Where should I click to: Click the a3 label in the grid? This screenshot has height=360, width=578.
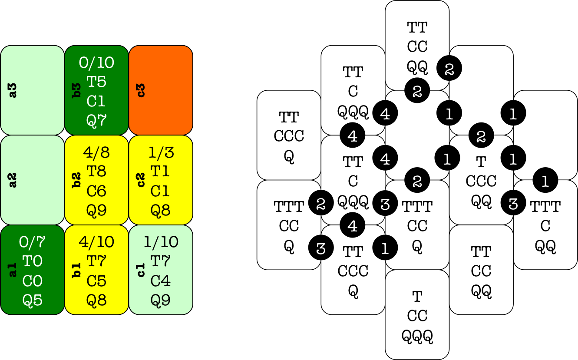pos(13,90)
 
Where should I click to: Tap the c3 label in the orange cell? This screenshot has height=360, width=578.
pos(141,90)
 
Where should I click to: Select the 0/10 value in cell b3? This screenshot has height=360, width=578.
pos(96,63)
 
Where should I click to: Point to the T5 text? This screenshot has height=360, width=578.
pos(96,82)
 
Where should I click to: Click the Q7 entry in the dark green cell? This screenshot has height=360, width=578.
pos(96,120)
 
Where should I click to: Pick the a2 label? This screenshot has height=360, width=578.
pos(13,180)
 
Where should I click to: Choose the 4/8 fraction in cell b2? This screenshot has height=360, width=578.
pos(96,152)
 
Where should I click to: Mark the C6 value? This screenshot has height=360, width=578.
pos(96,191)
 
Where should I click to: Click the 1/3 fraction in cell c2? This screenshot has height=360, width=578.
pos(160,152)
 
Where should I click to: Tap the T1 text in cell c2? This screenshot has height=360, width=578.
pos(160,172)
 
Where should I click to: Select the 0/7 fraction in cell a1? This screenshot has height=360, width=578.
pos(33,242)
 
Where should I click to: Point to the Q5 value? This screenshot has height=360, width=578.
pos(33,300)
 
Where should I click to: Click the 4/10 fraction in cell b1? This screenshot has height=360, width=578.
pos(96,242)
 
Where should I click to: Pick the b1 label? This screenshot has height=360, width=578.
pos(77,270)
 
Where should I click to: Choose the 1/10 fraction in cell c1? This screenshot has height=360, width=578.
pos(160,242)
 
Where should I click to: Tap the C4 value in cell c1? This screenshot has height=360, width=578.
pos(160,281)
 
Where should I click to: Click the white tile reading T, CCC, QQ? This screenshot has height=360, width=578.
pos(481,181)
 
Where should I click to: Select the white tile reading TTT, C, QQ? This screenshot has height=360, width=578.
pos(545,226)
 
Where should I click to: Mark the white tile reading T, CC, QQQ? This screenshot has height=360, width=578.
pos(417,315)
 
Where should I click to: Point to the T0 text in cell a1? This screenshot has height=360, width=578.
pos(33,261)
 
